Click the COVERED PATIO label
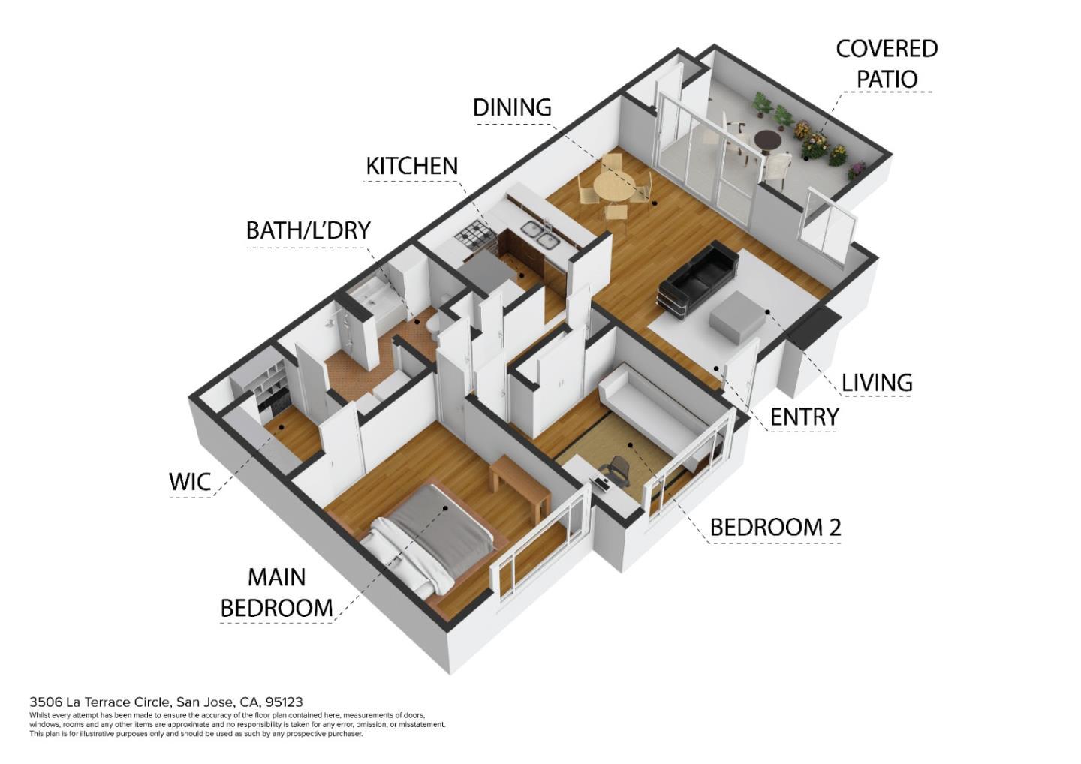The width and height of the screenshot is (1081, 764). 886,64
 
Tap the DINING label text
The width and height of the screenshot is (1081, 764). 511,107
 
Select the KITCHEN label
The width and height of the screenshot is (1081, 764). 411,166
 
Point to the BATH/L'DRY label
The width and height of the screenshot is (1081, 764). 309,230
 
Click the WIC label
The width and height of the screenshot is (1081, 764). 190,482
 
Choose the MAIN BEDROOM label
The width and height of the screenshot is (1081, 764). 276,592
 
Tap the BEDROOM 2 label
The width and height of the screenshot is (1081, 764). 775,528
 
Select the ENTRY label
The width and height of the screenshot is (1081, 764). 804,417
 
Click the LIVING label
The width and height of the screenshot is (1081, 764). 876,383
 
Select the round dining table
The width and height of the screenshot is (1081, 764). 613,185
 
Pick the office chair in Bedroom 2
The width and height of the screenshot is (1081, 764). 619,470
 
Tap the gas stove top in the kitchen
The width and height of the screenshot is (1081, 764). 474,239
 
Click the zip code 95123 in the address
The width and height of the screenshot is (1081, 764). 284,702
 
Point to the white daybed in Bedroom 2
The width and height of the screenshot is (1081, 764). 653,409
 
